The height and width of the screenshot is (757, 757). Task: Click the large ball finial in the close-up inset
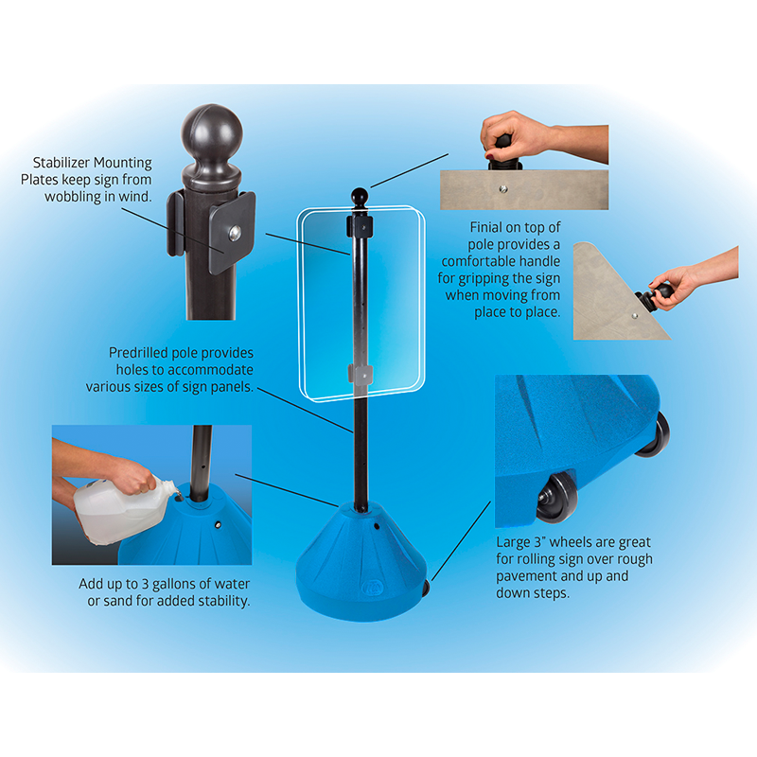(x=211, y=133)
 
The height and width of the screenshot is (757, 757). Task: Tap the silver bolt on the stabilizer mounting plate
(x=235, y=233)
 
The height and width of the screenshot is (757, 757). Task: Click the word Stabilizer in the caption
(x=61, y=163)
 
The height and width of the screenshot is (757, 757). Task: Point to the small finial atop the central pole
(x=360, y=198)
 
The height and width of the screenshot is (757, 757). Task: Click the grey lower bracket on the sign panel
(x=361, y=375)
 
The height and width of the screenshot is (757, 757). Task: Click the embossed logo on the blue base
(x=372, y=588)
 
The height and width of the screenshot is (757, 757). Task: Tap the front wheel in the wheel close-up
(x=557, y=498)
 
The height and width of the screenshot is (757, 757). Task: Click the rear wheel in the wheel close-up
(x=653, y=433)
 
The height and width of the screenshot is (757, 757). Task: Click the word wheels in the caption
(x=576, y=542)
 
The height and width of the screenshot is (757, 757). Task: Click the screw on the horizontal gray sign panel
(x=503, y=188)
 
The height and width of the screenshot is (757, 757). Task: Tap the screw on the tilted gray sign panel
(x=635, y=316)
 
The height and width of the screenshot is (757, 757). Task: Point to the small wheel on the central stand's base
(x=426, y=588)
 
